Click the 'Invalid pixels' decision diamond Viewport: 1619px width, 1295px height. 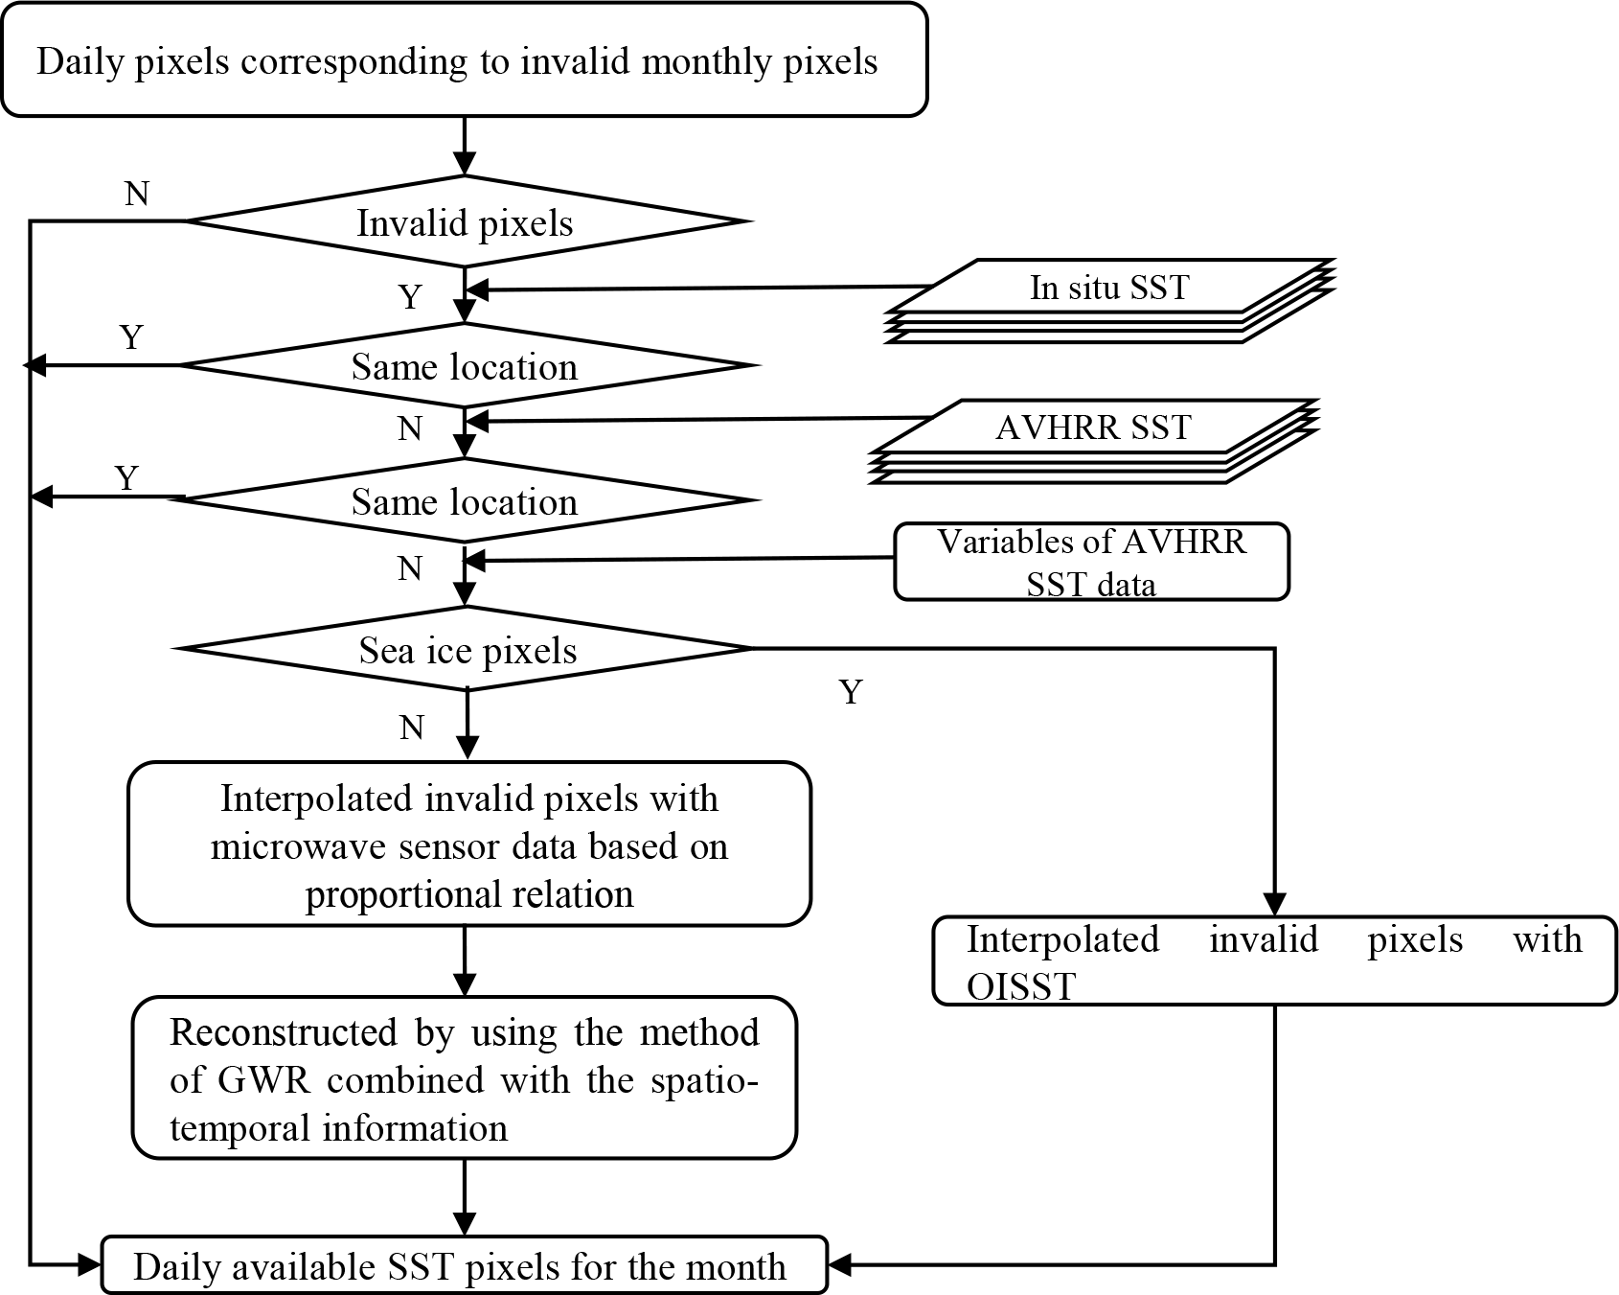click(465, 222)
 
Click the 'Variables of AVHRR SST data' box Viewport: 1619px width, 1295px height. click(1091, 562)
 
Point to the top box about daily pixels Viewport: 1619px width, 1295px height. click(465, 60)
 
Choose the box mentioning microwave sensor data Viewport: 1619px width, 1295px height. click(469, 844)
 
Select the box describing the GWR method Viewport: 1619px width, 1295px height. click(465, 1078)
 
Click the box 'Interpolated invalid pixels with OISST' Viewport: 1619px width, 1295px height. click(1274, 960)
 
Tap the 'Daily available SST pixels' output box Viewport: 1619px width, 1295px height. click(464, 1266)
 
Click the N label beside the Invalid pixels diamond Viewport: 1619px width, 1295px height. click(137, 195)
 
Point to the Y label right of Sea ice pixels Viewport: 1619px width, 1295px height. click(851, 691)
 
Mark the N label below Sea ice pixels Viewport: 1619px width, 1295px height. click(411, 728)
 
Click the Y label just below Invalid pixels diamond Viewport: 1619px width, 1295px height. click(410, 297)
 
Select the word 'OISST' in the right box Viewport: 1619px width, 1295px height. click(1021, 986)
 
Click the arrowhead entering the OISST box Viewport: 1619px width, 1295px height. click(1274, 904)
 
